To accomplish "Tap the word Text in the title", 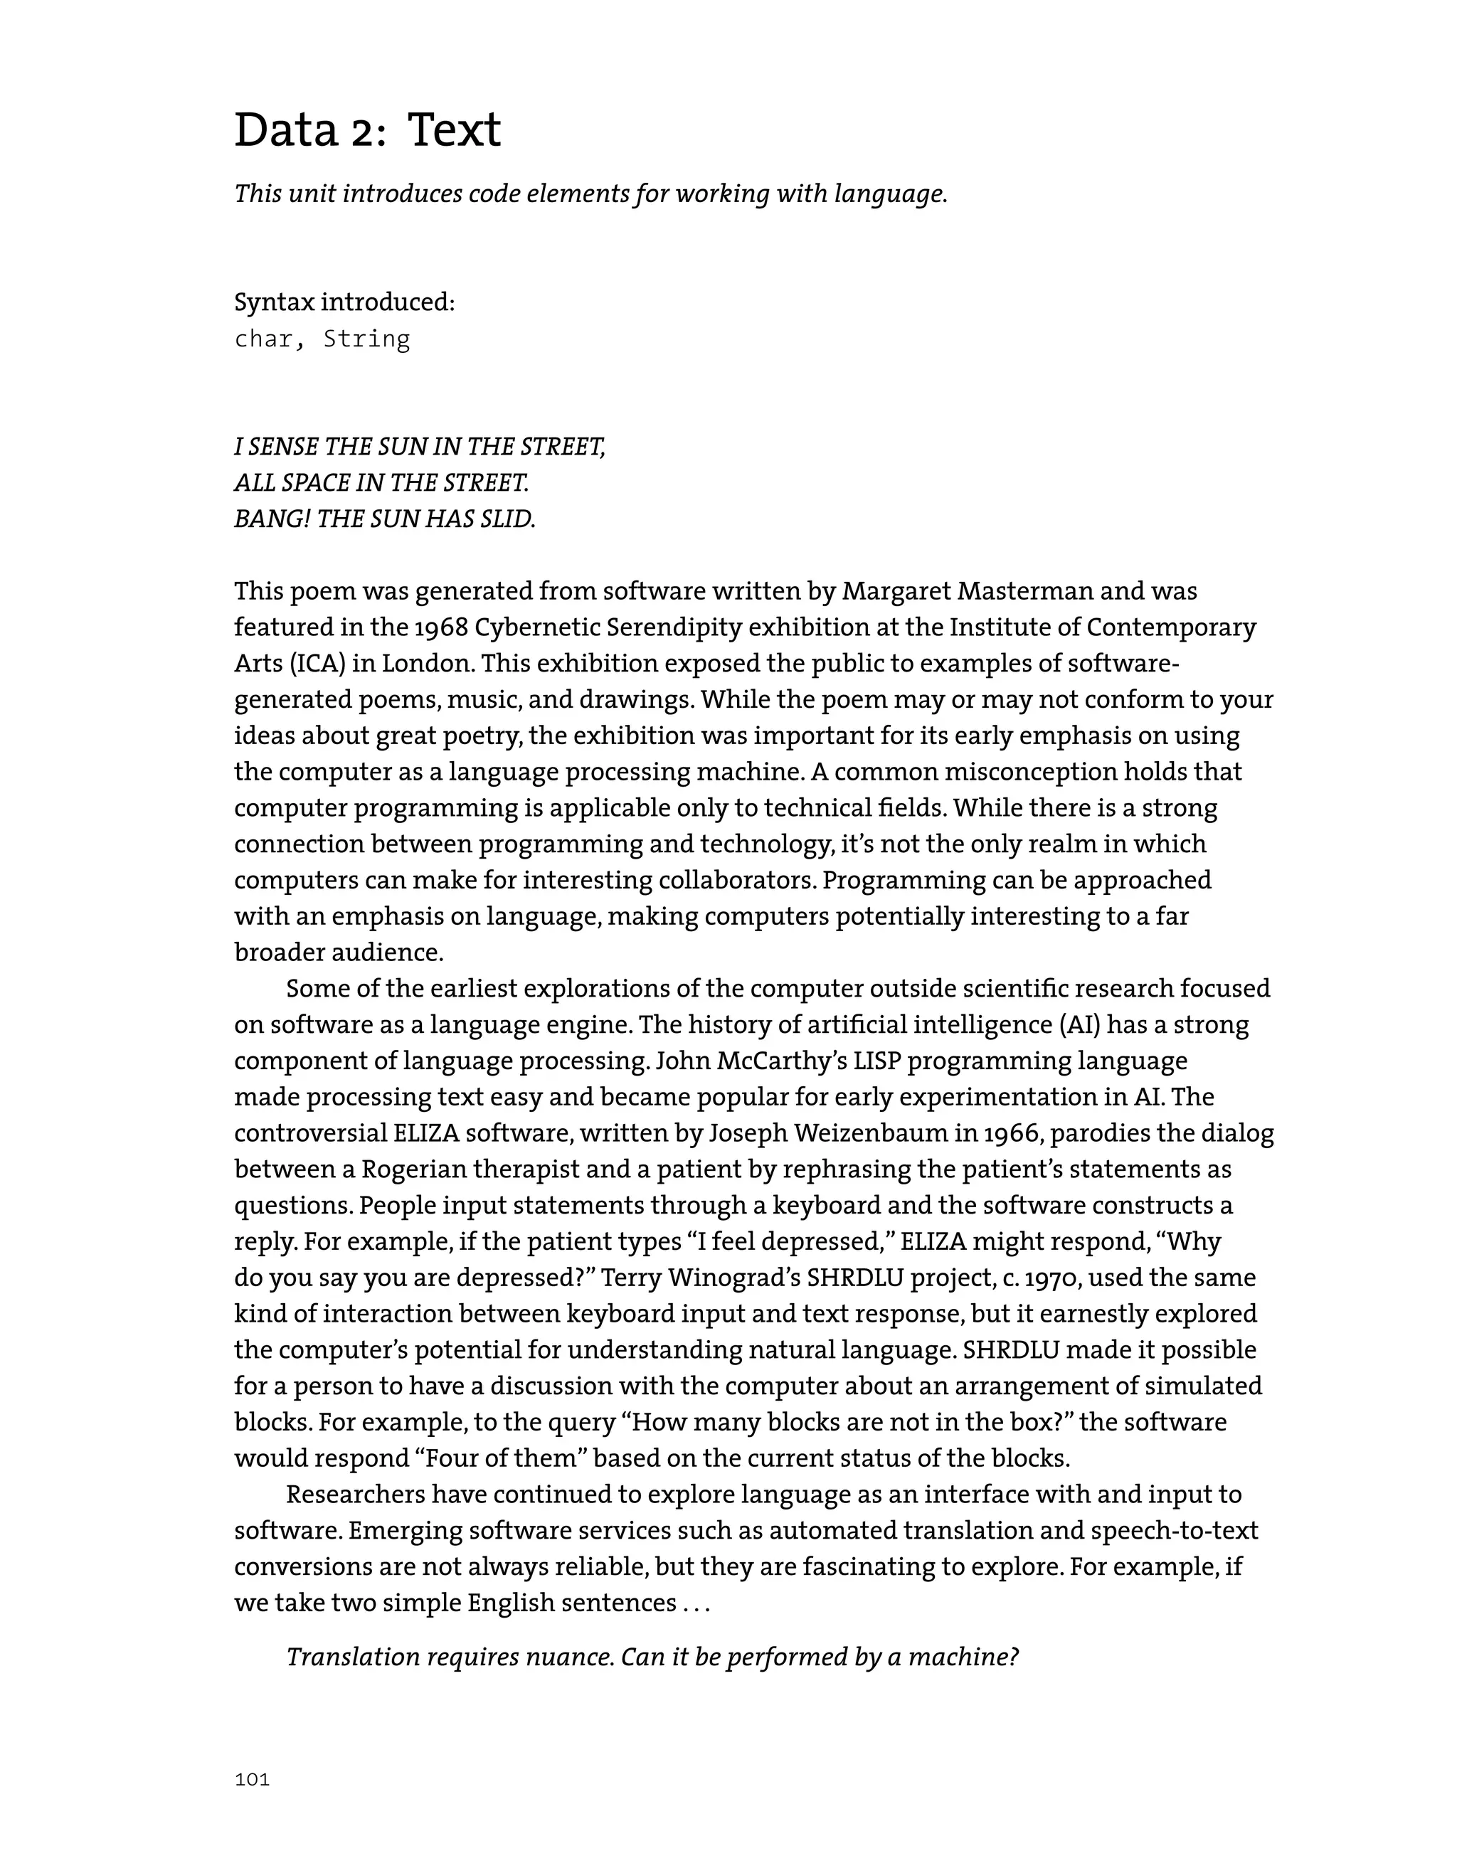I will pyautogui.click(x=454, y=131).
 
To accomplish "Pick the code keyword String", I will pyautogui.click(x=366, y=339).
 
